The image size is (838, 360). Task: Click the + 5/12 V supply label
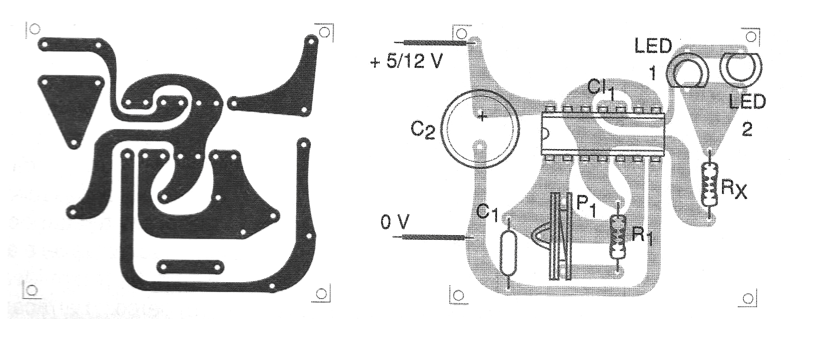406,61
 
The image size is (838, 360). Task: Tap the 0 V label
395,222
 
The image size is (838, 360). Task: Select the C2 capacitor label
423,130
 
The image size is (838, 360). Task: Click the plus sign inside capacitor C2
482,117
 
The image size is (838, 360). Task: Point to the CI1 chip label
601,89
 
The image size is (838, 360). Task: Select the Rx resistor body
710,184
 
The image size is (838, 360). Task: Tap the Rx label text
734,189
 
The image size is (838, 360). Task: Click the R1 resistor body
618,237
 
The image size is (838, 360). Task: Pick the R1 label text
642,236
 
